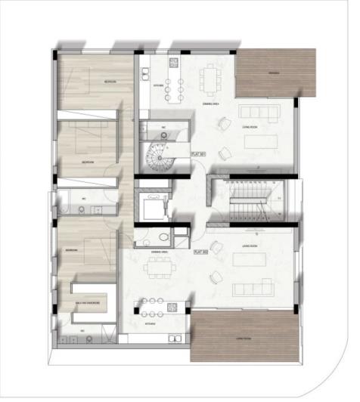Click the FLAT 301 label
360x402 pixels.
point(200,155)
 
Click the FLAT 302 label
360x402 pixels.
point(200,252)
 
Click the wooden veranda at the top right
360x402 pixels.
point(275,73)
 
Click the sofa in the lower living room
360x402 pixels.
point(253,288)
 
